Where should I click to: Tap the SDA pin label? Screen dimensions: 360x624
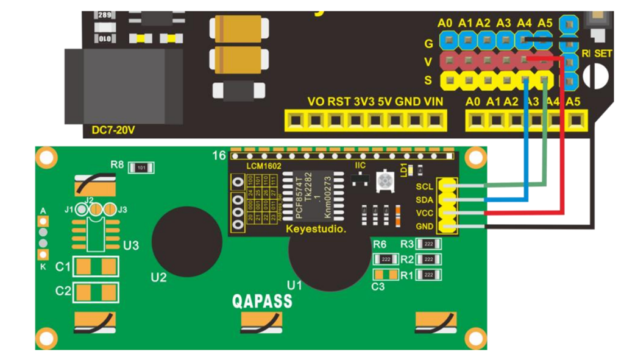pos(424,200)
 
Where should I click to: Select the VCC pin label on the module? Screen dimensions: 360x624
pos(424,214)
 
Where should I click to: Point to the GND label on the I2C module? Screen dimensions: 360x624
pos(424,227)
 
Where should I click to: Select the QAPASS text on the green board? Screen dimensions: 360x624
pos(261,301)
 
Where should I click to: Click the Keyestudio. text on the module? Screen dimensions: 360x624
pos(316,230)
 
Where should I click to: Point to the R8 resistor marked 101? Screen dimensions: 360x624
pos(141,167)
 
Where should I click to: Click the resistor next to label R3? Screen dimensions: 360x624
pos(429,244)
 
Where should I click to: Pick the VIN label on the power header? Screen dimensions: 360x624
pos(433,102)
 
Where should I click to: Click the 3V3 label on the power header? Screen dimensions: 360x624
pos(364,102)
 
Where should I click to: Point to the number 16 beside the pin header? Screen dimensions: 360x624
pos(219,156)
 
